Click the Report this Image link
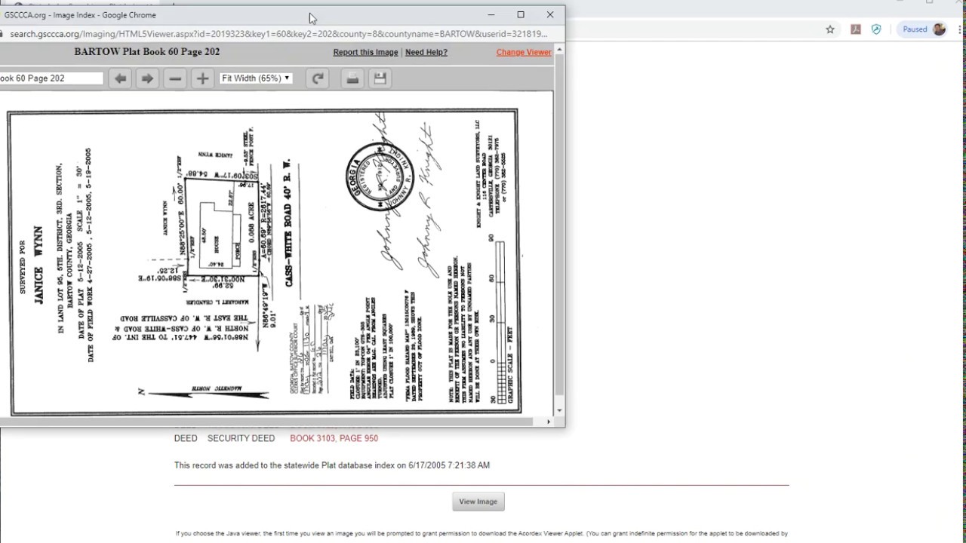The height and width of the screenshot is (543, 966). click(x=365, y=52)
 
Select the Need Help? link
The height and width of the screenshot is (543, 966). click(x=426, y=52)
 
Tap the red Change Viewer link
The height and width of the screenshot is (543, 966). click(x=524, y=52)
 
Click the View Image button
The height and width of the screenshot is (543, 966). click(x=478, y=502)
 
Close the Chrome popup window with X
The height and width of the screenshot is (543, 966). click(x=550, y=14)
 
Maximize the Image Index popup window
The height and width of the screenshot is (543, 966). click(x=521, y=14)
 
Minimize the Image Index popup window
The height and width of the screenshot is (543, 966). click(x=491, y=14)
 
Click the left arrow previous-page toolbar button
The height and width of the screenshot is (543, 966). click(x=120, y=78)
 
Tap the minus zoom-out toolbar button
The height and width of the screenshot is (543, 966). click(x=175, y=78)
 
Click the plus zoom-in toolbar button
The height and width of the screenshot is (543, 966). click(x=202, y=78)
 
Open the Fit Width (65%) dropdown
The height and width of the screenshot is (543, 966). click(x=255, y=78)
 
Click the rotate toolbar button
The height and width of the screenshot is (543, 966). click(x=318, y=78)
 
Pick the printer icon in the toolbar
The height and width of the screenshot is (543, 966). click(x=352, y=78)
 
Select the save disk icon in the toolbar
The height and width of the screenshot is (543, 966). click(x=380, y=78)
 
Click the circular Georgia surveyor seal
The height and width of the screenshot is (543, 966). click(x=380, y=176)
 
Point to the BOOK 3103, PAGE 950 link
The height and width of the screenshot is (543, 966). click(x=334, y=438)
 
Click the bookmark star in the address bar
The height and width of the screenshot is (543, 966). click(x=830, y=29)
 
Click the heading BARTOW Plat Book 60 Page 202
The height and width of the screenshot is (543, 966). click(x=147, y=52)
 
